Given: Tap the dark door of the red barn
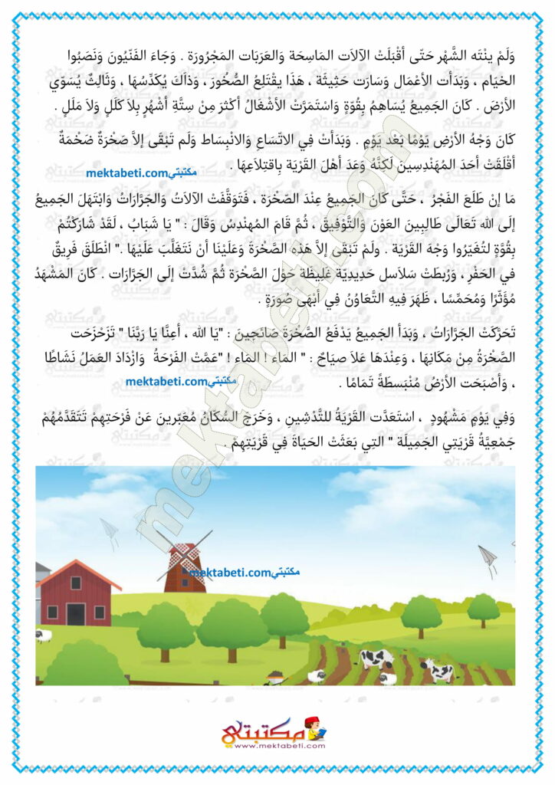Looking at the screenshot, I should coord(76,613).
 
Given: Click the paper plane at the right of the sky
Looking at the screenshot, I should coord(488,555).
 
